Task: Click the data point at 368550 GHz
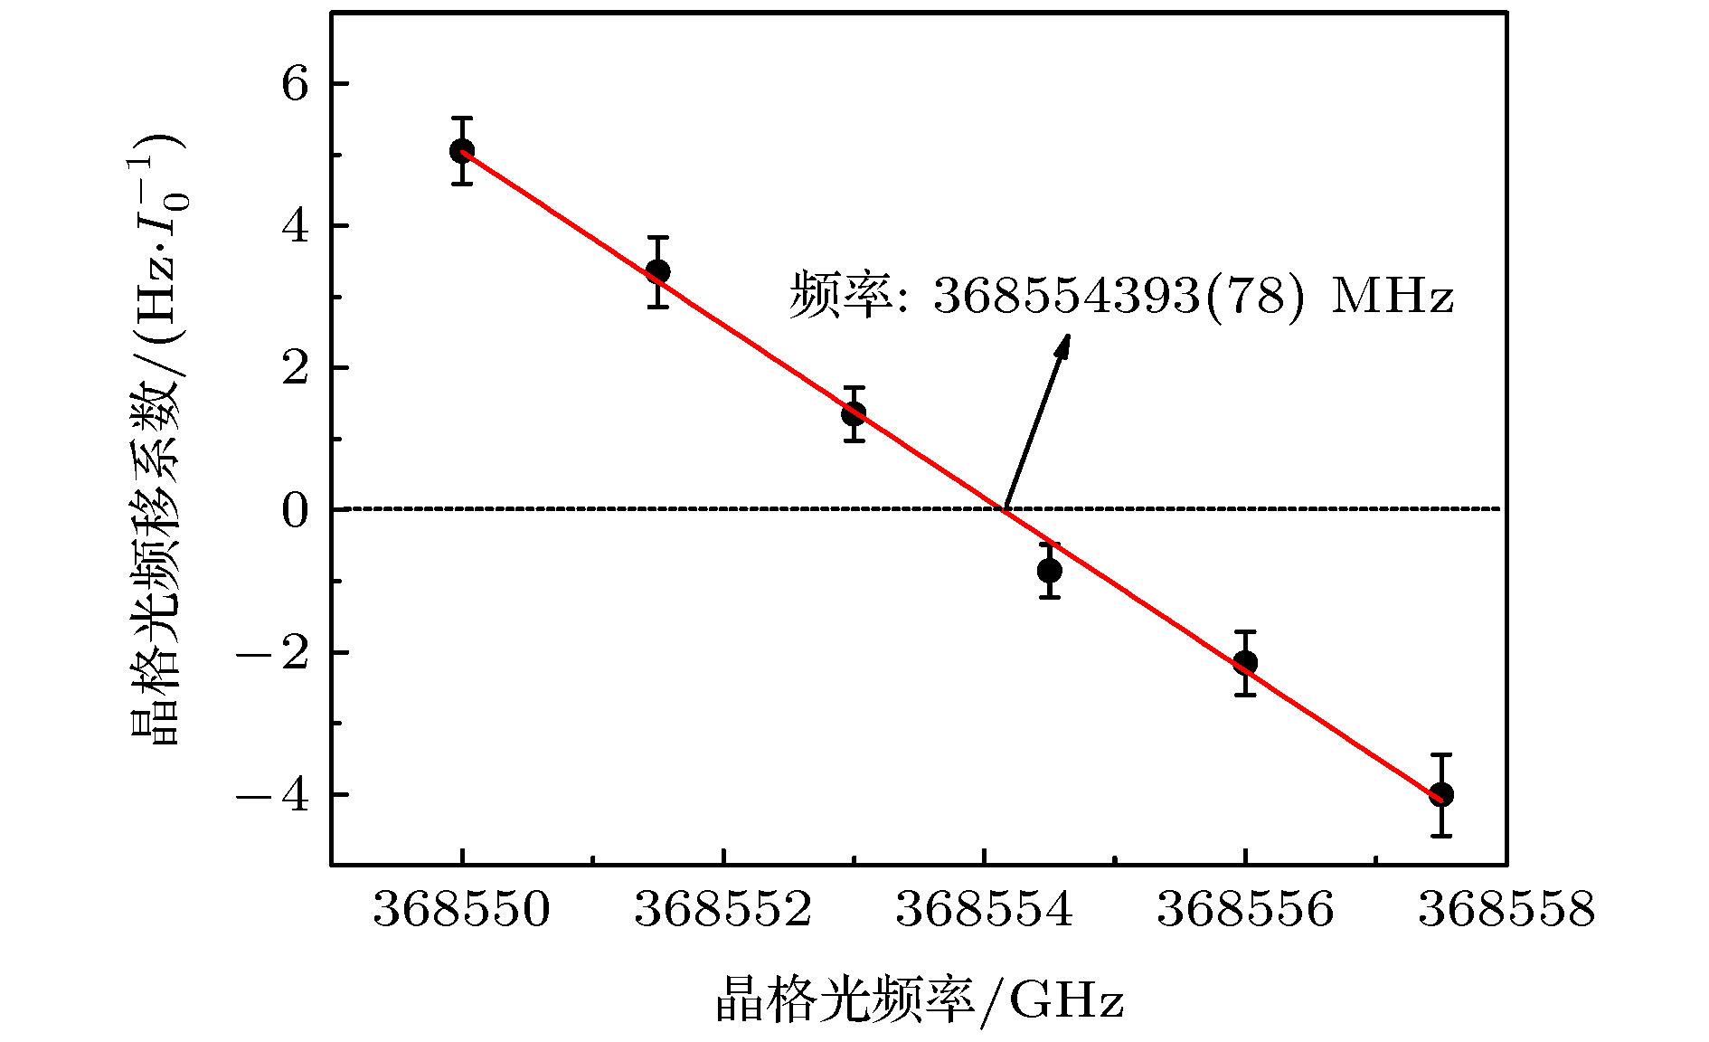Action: pos(462,151)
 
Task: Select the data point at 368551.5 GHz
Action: pos(658,271)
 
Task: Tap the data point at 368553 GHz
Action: pos(854,414)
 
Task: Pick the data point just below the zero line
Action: pos(1050,571)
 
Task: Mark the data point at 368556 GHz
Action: pos(1245,662)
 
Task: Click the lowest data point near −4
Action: pos(1441,795)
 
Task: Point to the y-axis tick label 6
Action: pos(295,84)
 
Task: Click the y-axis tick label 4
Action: pos(295,226)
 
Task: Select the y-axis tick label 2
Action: pos(295,368)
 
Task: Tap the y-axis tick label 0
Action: pos(295,511)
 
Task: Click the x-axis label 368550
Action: pos(462,909)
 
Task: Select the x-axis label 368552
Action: pos(723,909)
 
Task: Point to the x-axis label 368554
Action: pos(985,909)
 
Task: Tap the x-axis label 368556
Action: pos(1245,909)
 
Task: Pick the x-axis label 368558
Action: pos(1506,909)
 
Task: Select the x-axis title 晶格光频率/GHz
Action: pos(920,1000)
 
